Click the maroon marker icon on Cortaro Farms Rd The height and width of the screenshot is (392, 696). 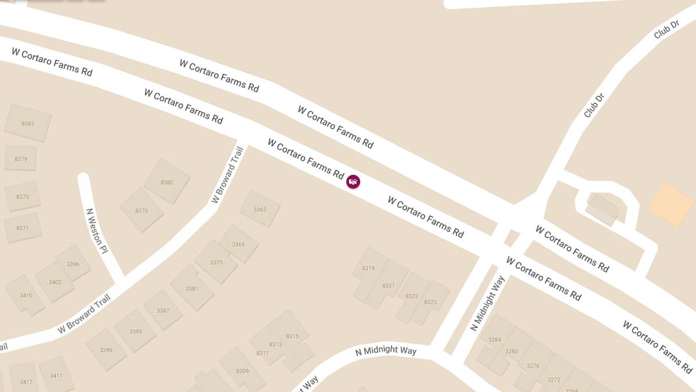(353, 182)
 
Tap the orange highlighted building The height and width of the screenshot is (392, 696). (670, 204)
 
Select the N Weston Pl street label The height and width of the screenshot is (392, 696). (96, 231)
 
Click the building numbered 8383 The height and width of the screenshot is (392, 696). (28, 124)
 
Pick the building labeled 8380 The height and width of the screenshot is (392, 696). (167, 182)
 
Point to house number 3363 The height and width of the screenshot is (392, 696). (260, 209)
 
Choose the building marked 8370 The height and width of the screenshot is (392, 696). (142, 210)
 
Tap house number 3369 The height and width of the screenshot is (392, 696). (238, 244)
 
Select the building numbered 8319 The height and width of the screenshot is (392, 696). (368, 268)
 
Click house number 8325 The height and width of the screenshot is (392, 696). (430, 301)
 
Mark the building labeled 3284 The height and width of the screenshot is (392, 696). (495, 339)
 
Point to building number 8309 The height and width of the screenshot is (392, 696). (242, 371)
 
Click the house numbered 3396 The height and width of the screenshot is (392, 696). (73, 264)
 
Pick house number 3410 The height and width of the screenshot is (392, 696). (26, 295)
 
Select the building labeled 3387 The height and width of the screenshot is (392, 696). (163, 310)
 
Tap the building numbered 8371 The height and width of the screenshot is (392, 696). (23, 228)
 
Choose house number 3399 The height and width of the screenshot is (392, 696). (106, 350)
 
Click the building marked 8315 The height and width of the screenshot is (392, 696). (292, 336)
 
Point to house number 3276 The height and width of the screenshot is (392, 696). (532, 365)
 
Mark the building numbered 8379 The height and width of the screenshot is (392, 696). (21, 159)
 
